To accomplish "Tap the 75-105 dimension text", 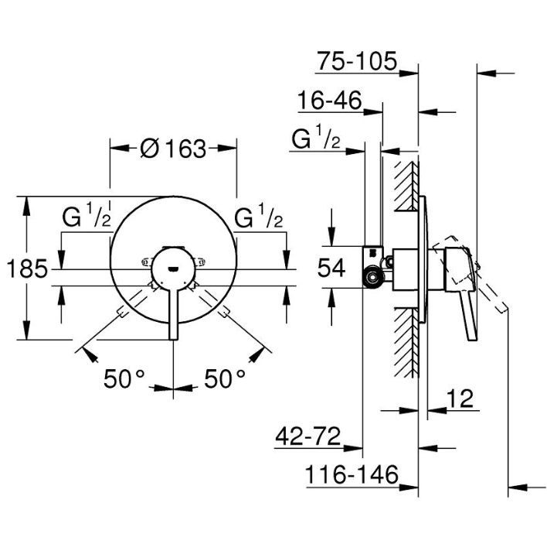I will click(x=356, y=60).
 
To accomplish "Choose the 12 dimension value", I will click(x=460, y=399).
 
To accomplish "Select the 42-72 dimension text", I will click(x=307, y=436).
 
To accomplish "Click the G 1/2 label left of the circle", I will click(x=87, y=219).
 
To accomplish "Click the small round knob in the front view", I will click(x=172, y=268).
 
